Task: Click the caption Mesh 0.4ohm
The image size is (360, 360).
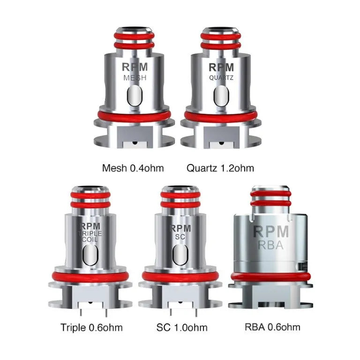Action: tap(133, 168)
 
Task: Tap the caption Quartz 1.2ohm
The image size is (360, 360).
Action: tap(220, 168)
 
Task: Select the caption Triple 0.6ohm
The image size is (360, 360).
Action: tap(91, 327)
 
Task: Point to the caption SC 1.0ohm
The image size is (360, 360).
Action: tap(181, 327)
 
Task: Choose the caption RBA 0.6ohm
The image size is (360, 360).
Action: tap(272, 327)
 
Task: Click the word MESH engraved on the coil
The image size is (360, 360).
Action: tap(135, 78)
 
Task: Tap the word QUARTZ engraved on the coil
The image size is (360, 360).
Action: tap(221, 78)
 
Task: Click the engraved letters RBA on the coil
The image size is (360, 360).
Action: tap(270, 245)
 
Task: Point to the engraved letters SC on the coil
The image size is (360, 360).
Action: tap(180, 237)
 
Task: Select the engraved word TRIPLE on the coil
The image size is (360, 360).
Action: tap(90, 233)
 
